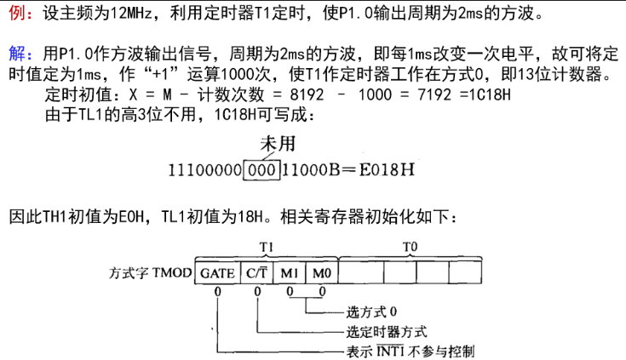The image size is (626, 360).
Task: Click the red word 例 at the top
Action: (16, 13)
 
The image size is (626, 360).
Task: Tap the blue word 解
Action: (17, 54)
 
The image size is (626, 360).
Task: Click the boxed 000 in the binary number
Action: (261, 170)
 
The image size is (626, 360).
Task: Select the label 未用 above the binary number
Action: (278, 144)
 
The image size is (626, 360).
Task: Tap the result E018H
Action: (387, 170)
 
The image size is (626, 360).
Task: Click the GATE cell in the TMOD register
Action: (217, 273)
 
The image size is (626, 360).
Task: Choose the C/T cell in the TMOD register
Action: (256, 273)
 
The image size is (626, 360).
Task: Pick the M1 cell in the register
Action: (290, 273)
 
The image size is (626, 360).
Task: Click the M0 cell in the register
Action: (322, 273)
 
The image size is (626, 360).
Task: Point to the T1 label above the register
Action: (267, 248)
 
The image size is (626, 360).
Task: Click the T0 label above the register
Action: (410, 248)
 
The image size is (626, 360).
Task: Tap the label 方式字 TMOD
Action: (151, 273)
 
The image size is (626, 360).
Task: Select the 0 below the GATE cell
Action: (217, 292)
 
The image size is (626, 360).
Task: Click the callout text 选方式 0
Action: (371, 311)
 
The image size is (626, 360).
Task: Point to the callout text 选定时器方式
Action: (387, 332)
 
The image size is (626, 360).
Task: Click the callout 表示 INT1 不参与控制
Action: (411, 351)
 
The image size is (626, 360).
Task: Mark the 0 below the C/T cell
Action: (257, 292)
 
